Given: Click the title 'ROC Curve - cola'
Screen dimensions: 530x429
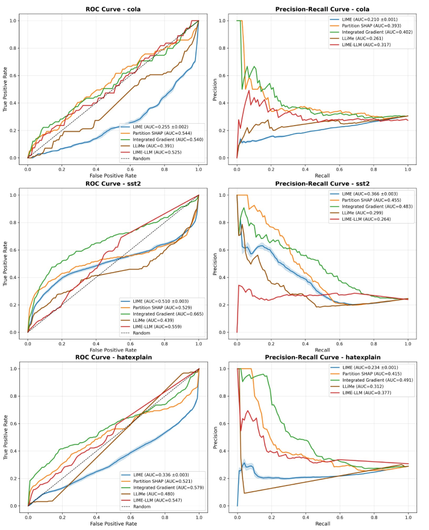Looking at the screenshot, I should pyautogui.click(x=113, y=9).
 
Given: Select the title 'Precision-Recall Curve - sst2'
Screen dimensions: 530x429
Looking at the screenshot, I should pyautogui.click(x=322, y=183).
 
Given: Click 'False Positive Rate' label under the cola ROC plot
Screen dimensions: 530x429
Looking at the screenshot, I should pyautogui.click(x=113, y=169).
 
